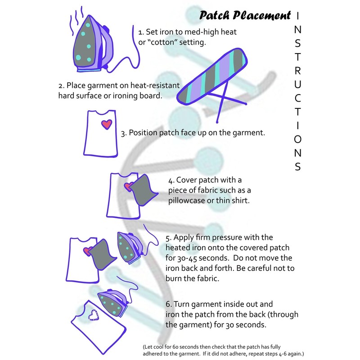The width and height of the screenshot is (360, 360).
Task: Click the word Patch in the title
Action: tap(214, 15)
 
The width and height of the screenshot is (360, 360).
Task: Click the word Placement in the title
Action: tap(262, 15)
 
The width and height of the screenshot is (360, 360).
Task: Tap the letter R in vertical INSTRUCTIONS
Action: tap(297, 71)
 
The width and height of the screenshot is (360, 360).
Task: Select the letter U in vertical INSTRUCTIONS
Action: tap(297, 85)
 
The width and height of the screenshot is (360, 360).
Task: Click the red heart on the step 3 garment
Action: tap(107, 124)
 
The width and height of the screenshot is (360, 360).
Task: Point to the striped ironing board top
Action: tap(212, 76)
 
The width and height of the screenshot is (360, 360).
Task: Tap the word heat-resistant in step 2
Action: tap(155, 85)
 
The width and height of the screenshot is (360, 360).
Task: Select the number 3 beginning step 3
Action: tap(123, 133)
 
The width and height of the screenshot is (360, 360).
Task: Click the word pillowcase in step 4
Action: tap(186, 201)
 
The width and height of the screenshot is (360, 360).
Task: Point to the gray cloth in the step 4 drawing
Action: tap(143, 190)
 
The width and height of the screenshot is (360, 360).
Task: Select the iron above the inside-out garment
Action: tap(113, 302)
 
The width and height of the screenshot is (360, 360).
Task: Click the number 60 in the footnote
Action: tap(175, 346)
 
